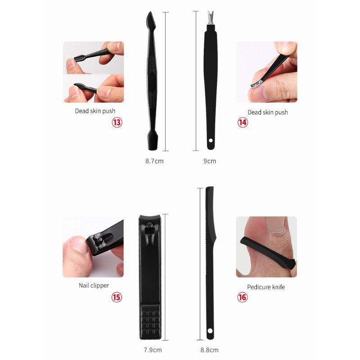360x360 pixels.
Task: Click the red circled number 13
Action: pos(117,122)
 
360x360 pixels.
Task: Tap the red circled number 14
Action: pos(243,122)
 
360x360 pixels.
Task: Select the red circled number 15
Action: pos(117,297)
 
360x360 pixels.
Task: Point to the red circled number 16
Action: pos(243,297)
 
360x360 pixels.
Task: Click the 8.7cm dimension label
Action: pos(154,161)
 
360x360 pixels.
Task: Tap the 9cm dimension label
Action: pos(210,161)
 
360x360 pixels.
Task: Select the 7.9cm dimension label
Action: pos(153,350)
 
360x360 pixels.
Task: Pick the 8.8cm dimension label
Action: pos(209,350)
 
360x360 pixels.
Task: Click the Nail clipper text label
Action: pos(94,286)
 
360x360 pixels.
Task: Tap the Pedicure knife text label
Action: pos(266,287)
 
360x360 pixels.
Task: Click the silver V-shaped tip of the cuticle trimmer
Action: pos(211,18)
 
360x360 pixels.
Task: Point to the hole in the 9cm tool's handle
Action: pos(211,140)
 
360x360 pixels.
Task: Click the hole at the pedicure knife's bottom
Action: pos(210,331)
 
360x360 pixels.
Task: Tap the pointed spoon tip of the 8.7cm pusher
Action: pos(151,19)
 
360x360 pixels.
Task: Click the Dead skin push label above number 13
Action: pos(95,111)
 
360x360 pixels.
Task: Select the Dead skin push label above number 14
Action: pos(268,112)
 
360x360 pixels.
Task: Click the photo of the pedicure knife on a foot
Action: pos(266,247)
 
